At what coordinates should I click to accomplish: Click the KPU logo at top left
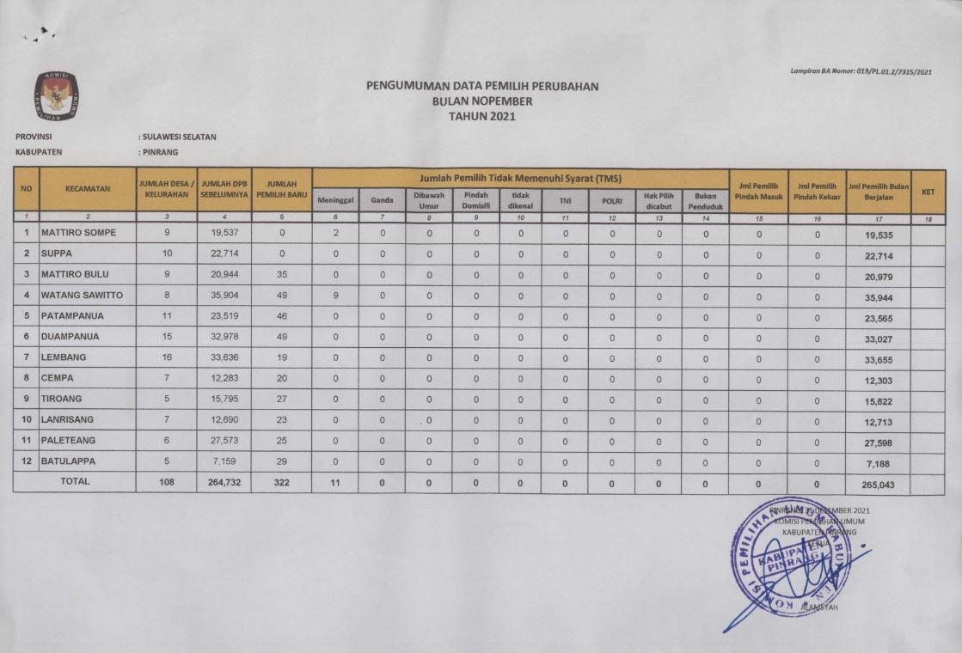coord(57,96)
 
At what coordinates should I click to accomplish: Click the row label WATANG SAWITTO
coord(82,295)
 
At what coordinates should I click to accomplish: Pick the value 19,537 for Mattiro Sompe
coord(224,233)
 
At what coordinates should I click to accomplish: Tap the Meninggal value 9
coord(335,295)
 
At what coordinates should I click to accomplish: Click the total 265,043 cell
coord(877,485)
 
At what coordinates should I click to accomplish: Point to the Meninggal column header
coord(335,199)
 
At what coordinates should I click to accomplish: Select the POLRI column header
coord(612,199)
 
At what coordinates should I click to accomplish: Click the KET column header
coord(927,192)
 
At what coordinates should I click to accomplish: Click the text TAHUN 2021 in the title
coord(481,116)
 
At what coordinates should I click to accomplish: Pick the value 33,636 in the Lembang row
coord(224,357)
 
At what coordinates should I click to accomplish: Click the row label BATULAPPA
coord(69,461)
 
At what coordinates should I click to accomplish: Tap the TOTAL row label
coord(74,482)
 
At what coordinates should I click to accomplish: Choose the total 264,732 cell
coord(224,483)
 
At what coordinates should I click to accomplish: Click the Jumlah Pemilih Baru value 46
coord(282,315)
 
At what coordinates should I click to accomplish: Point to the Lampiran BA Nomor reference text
coord(861,72)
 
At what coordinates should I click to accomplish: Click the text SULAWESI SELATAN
coord(179,137)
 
